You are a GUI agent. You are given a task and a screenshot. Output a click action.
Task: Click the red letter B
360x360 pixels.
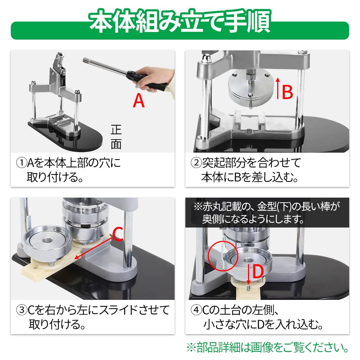(287, 92)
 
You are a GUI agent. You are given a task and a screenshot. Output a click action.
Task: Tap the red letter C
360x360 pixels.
(118, 234)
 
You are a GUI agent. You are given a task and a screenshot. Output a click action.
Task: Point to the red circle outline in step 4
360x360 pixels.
(222, 256)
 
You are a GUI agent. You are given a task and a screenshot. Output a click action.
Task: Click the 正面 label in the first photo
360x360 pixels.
(116, 137)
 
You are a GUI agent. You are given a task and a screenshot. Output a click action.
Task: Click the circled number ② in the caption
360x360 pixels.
(195, 163)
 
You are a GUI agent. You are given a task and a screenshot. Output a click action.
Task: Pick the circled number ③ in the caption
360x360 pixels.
(22, 310)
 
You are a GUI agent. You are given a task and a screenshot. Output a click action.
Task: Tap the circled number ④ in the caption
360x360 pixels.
(195, 310)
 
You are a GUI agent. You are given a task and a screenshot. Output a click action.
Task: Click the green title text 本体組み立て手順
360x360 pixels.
(180, 23)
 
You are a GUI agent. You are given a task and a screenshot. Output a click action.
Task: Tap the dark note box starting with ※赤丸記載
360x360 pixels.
(267, 212)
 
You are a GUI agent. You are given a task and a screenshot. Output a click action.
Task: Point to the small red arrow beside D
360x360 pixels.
(249, 277)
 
